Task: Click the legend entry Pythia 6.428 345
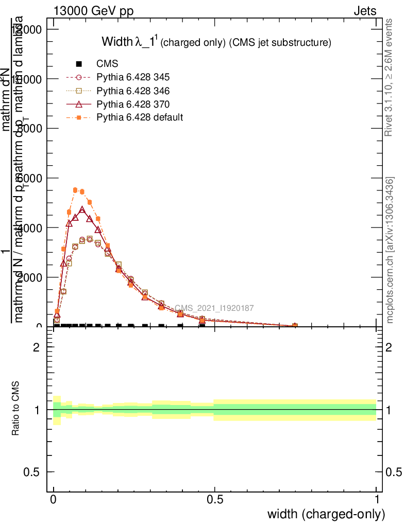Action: (x=133, y=78)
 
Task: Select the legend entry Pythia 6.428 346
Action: (x=133, y=91)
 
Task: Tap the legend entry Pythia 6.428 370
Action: (x=133, y=104)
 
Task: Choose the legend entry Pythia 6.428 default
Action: (x=139, y=117)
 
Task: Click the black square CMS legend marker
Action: (x=79, y=64)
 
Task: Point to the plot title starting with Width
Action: (x=215, y=42)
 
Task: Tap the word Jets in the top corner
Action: (x=365, y=11)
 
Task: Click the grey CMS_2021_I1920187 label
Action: (x=214, y=308)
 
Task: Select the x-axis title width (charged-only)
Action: (x=326, y=514)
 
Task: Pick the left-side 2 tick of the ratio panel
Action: (x=36, y=347)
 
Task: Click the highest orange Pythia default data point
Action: (x=75, y=190)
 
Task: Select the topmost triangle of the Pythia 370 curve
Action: (x=82, y=210)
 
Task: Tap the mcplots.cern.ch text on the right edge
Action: (x=390, y=250)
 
